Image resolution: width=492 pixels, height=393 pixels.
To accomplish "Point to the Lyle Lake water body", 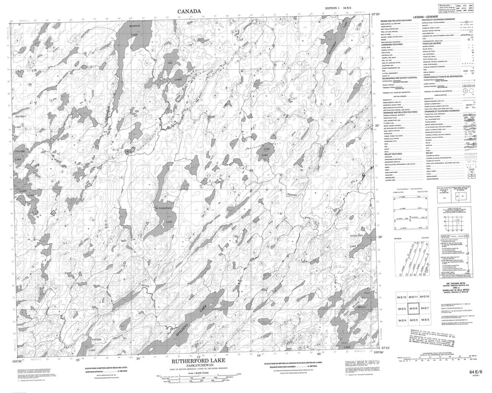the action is coord(265,152).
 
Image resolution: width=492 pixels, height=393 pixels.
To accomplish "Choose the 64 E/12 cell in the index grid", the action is coord(401,297).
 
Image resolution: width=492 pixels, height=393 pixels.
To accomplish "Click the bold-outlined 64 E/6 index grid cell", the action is coord(412,308).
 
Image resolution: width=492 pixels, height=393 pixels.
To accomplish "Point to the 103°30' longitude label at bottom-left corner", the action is coord(18,359).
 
